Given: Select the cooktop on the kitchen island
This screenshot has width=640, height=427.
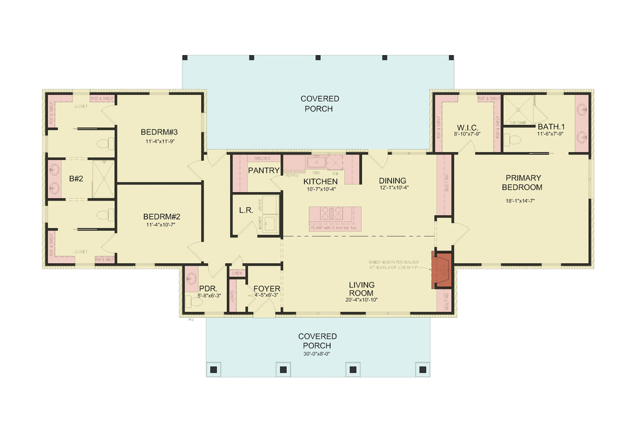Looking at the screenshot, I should [x=329, y=213].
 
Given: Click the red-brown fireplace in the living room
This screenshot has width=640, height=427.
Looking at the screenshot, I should [x=443, y=269].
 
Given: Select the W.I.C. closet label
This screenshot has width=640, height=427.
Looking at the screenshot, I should [x=467, y=127].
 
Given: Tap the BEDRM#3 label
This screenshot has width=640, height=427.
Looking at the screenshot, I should [x=159, y=132].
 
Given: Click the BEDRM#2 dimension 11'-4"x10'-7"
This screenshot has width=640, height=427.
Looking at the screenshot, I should [x=159, y=225].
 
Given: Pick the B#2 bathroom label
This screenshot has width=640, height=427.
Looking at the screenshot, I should [x=76, y=179].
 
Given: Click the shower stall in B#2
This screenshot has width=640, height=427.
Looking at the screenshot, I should [x=103, y=179].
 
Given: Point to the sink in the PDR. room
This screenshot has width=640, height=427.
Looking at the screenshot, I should [x=191, y=278].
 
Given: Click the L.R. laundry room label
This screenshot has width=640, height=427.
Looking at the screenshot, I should [x=246, y=211].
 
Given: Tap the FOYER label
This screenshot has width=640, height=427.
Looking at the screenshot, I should [x=267, y=289].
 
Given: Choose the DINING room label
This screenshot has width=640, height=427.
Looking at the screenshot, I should [x=392, y=181].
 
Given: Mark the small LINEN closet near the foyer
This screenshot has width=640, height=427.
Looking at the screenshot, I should [x=237, y=273].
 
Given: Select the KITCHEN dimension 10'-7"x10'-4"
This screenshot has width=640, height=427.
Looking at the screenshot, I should [x=321, y=189].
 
